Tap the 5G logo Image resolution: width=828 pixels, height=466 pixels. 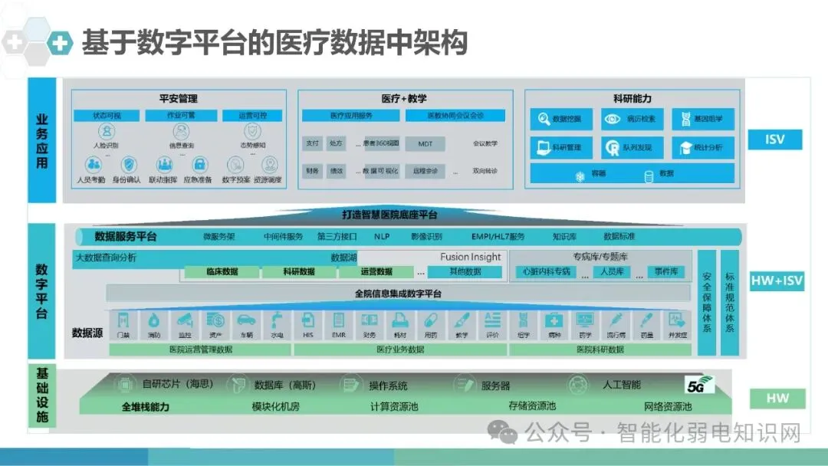click(700, 384)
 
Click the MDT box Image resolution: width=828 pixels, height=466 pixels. click(426, 143)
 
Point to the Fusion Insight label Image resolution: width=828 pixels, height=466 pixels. click(470, 258)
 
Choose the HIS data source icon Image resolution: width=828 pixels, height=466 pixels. click(308, 322)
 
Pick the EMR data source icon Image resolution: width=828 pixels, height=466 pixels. click(339, 322)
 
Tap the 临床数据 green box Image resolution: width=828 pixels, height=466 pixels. click(222, 271)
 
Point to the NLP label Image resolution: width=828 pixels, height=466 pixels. click(382, 237)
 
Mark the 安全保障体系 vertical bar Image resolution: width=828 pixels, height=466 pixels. click(706, 303)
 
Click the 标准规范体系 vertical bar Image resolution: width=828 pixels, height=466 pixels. click(729, 303)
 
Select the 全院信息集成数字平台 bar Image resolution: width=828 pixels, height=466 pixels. click(399, 294)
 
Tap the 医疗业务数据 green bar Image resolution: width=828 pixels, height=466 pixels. click(399, 349)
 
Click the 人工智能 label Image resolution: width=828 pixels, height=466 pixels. click(621, 385)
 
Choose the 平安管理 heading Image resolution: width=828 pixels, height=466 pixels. click(178, 99)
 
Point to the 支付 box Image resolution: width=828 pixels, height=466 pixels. click(312, 143)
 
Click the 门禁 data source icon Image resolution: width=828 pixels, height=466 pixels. click(123, 322)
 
